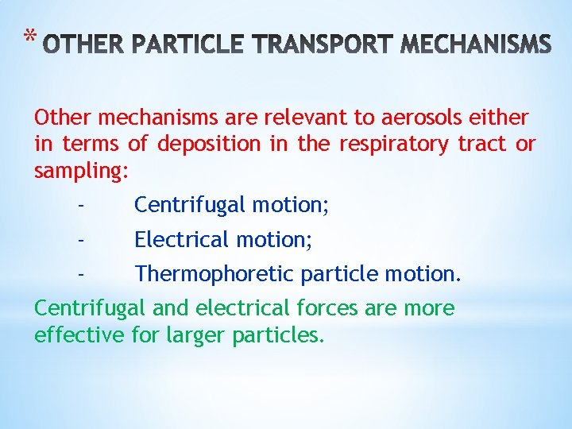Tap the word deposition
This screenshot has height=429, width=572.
(x=208, y=145)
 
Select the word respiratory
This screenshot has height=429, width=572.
(x=396, y=145)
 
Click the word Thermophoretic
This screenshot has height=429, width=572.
(x=214, y=274)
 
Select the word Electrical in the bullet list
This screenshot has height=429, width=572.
(x=179, y=239)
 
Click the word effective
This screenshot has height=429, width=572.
(x=79, y=334)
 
